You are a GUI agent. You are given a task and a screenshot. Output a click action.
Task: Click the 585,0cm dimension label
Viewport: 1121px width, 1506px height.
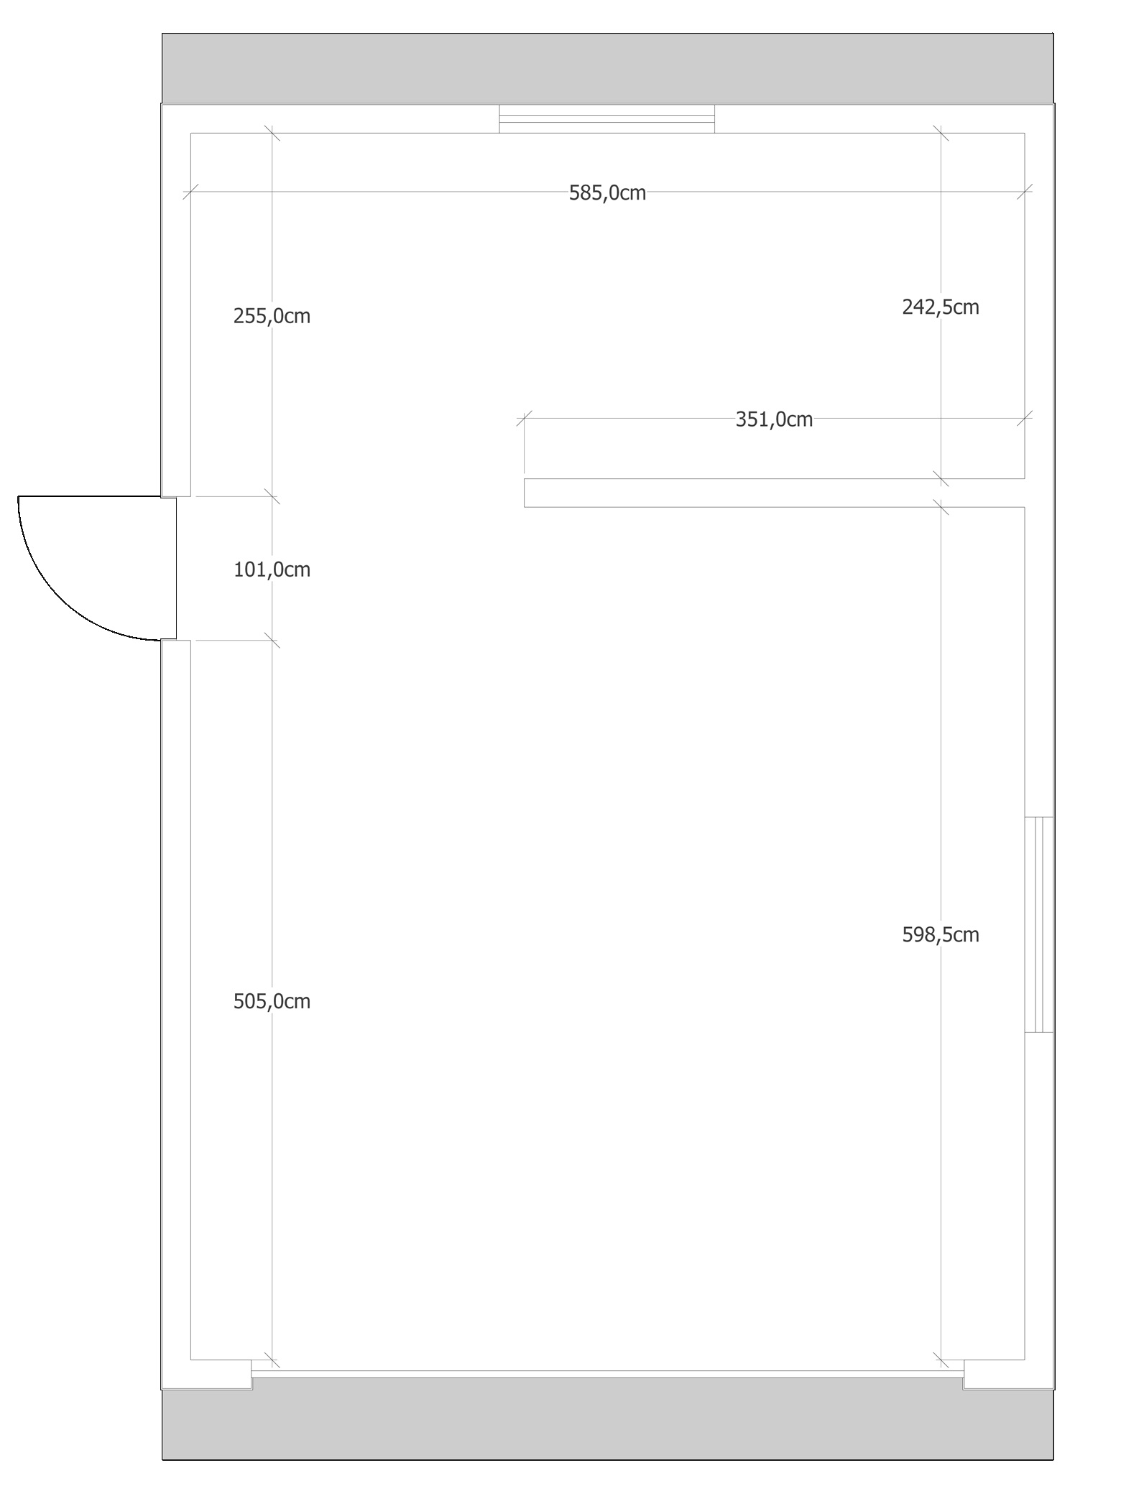pos(607,193)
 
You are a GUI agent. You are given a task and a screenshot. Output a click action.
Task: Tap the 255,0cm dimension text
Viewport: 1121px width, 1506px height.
pos(272,316)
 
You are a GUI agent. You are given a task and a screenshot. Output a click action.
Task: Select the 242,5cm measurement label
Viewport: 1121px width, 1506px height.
pos(941,307)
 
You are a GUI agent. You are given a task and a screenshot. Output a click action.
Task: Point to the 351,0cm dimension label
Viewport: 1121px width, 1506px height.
pos(774,419)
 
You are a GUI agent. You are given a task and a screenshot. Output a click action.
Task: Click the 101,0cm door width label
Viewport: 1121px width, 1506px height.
pos(272,570)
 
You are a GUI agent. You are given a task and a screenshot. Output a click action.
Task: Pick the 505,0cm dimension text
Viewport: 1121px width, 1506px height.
pos(272,1001)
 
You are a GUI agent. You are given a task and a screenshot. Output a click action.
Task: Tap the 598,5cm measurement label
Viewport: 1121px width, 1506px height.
pos(941,934)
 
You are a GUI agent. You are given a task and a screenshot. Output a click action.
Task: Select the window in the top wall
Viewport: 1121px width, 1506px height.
pos(607,118)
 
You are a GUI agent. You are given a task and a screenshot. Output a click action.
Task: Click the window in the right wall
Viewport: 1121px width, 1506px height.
pos(1039,924)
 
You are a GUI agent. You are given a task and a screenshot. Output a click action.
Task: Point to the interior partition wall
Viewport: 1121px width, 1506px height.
pos(774,493)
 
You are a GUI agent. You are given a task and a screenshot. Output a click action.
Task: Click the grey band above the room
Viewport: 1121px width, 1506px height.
pos(608,68)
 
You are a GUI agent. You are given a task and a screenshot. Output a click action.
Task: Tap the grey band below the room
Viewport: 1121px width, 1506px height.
pos(608,1425)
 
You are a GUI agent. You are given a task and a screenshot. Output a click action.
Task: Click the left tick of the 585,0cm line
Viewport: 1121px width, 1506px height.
pos(190,192)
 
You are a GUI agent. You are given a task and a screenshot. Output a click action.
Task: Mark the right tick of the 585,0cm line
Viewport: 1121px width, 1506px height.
pos(1025,192)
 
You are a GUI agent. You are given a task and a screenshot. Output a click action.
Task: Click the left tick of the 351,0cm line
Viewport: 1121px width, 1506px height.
pos(524,419)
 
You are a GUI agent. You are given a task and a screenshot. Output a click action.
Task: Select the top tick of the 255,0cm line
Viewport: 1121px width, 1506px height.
pos(272,133)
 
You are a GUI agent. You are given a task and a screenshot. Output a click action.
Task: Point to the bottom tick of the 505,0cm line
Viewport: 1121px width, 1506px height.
pos(272,1359)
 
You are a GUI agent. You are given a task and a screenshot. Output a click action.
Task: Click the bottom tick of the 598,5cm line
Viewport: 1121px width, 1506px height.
pos(941,1359)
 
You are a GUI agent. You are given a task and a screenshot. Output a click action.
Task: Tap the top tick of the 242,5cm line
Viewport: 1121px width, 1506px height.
pos(941,133)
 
